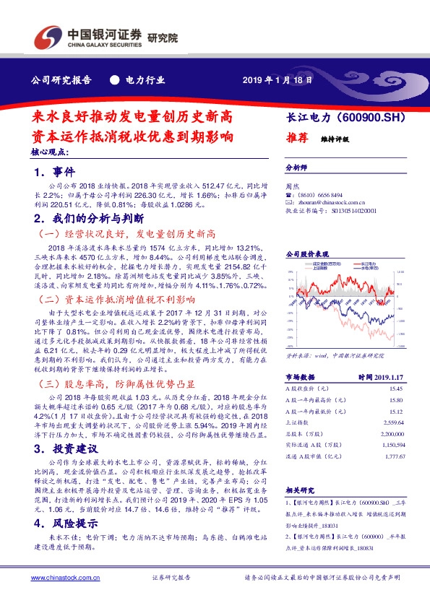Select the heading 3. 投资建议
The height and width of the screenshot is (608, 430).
pos(65,448)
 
